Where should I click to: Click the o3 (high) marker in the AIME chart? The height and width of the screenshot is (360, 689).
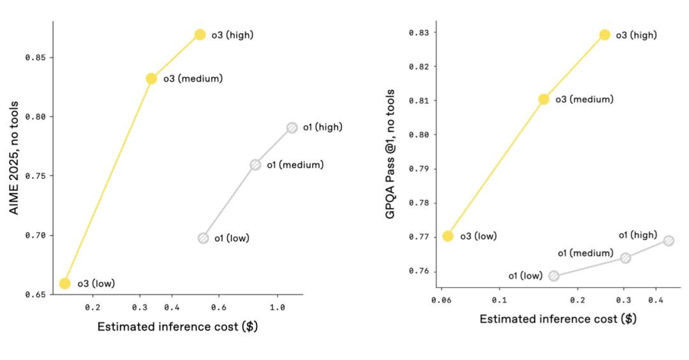click(x=200, y=34)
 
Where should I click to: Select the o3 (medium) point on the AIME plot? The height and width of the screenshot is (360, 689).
click(x=151, y=79)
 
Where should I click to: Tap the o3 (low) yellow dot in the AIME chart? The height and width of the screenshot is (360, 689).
click(x=64, y=283)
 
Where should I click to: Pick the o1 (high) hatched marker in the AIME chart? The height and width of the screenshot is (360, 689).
click(x=292, y=127)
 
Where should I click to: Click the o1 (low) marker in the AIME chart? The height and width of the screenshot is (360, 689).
click(x=203, y=238)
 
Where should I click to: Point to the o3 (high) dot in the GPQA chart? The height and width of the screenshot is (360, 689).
click(x=605, y=34)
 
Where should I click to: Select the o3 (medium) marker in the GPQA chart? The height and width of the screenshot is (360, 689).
click(x=544, y=99)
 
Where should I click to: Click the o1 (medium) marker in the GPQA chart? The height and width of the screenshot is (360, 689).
click(x=625, y=258)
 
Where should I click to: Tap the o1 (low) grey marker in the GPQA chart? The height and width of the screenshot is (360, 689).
click(x=554, y=276)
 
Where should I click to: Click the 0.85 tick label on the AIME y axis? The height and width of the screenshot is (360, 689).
click(x=34, y=57)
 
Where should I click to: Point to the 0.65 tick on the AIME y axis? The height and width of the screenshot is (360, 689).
click(x=34, y=295)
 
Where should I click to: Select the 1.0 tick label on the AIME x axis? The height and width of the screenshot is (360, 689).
click(x=277, y=307)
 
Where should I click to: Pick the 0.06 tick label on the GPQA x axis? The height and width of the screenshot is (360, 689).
click(x=441, y=299)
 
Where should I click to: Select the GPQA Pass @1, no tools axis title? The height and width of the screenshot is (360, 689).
click(x=390, y=154)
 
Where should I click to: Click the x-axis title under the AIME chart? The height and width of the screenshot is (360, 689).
click(x=177, y=327)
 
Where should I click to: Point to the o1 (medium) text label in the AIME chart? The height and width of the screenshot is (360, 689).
click(x=295, y=165)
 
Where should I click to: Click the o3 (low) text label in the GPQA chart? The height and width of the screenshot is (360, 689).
click(x=478, y=236)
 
